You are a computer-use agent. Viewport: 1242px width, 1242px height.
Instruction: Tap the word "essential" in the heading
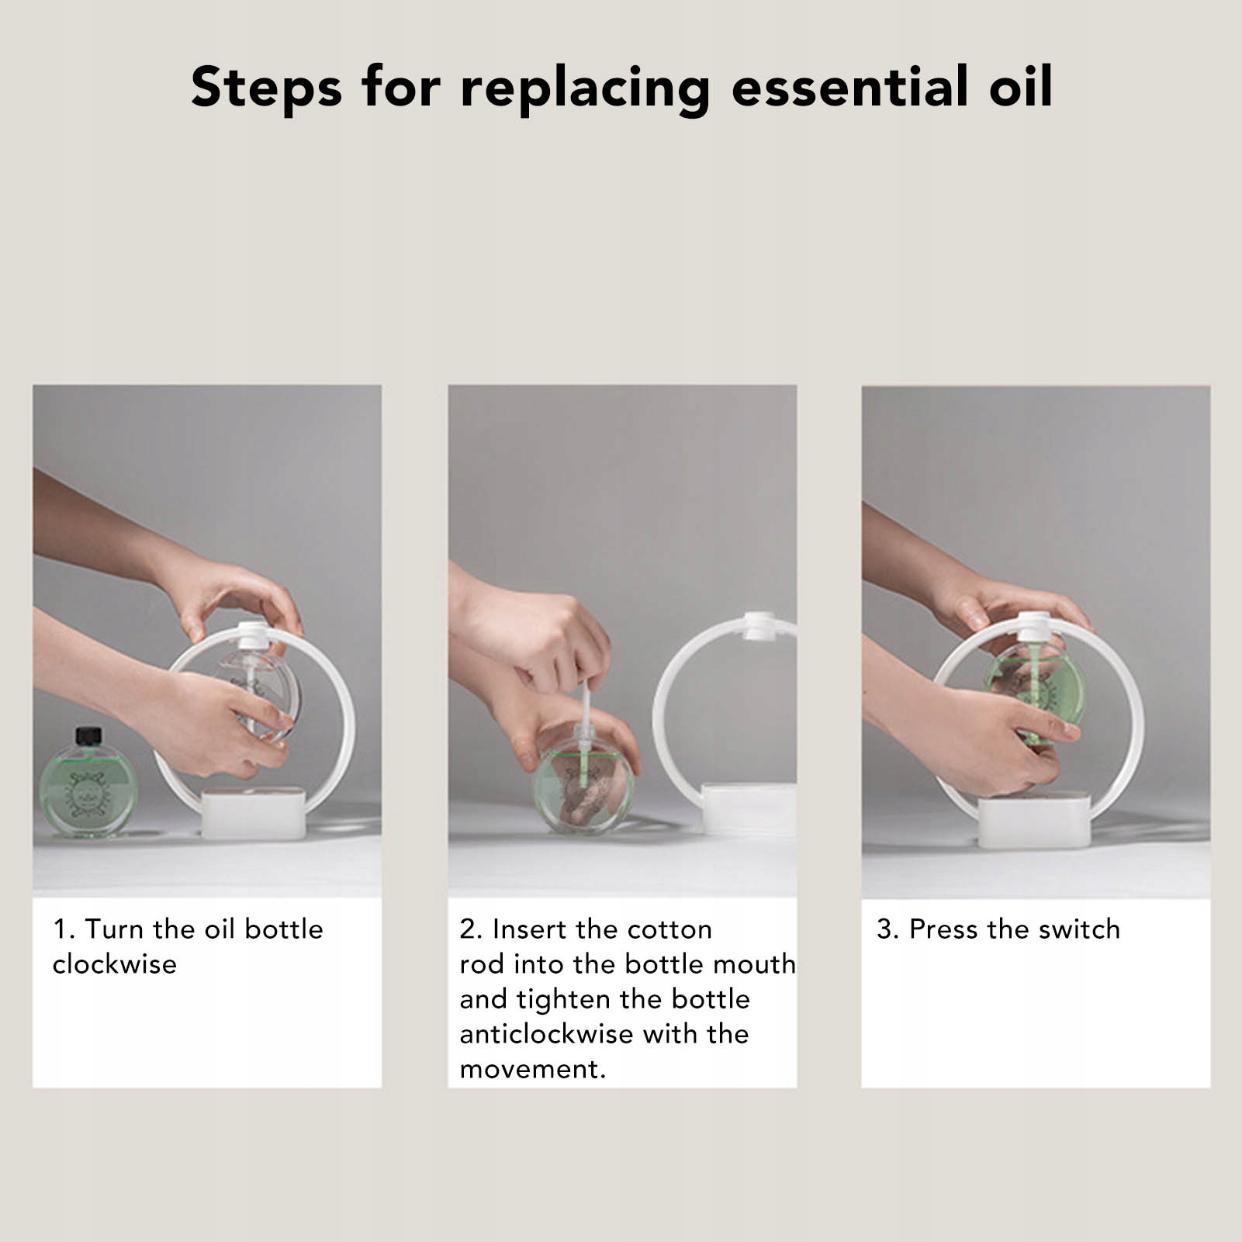850,86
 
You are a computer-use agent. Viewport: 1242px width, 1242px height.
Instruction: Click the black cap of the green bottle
88,735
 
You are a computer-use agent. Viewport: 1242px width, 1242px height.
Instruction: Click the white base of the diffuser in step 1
254,814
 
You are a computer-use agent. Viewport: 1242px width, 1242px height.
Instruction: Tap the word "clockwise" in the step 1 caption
115,964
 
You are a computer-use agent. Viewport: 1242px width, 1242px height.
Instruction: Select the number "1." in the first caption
64,929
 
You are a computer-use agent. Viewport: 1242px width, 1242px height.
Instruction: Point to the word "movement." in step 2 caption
532,1070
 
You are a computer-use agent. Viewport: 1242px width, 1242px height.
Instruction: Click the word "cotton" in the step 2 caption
669,929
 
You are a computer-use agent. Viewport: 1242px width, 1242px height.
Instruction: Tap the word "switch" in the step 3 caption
1079,929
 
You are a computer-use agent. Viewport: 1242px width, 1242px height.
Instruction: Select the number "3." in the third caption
888,929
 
